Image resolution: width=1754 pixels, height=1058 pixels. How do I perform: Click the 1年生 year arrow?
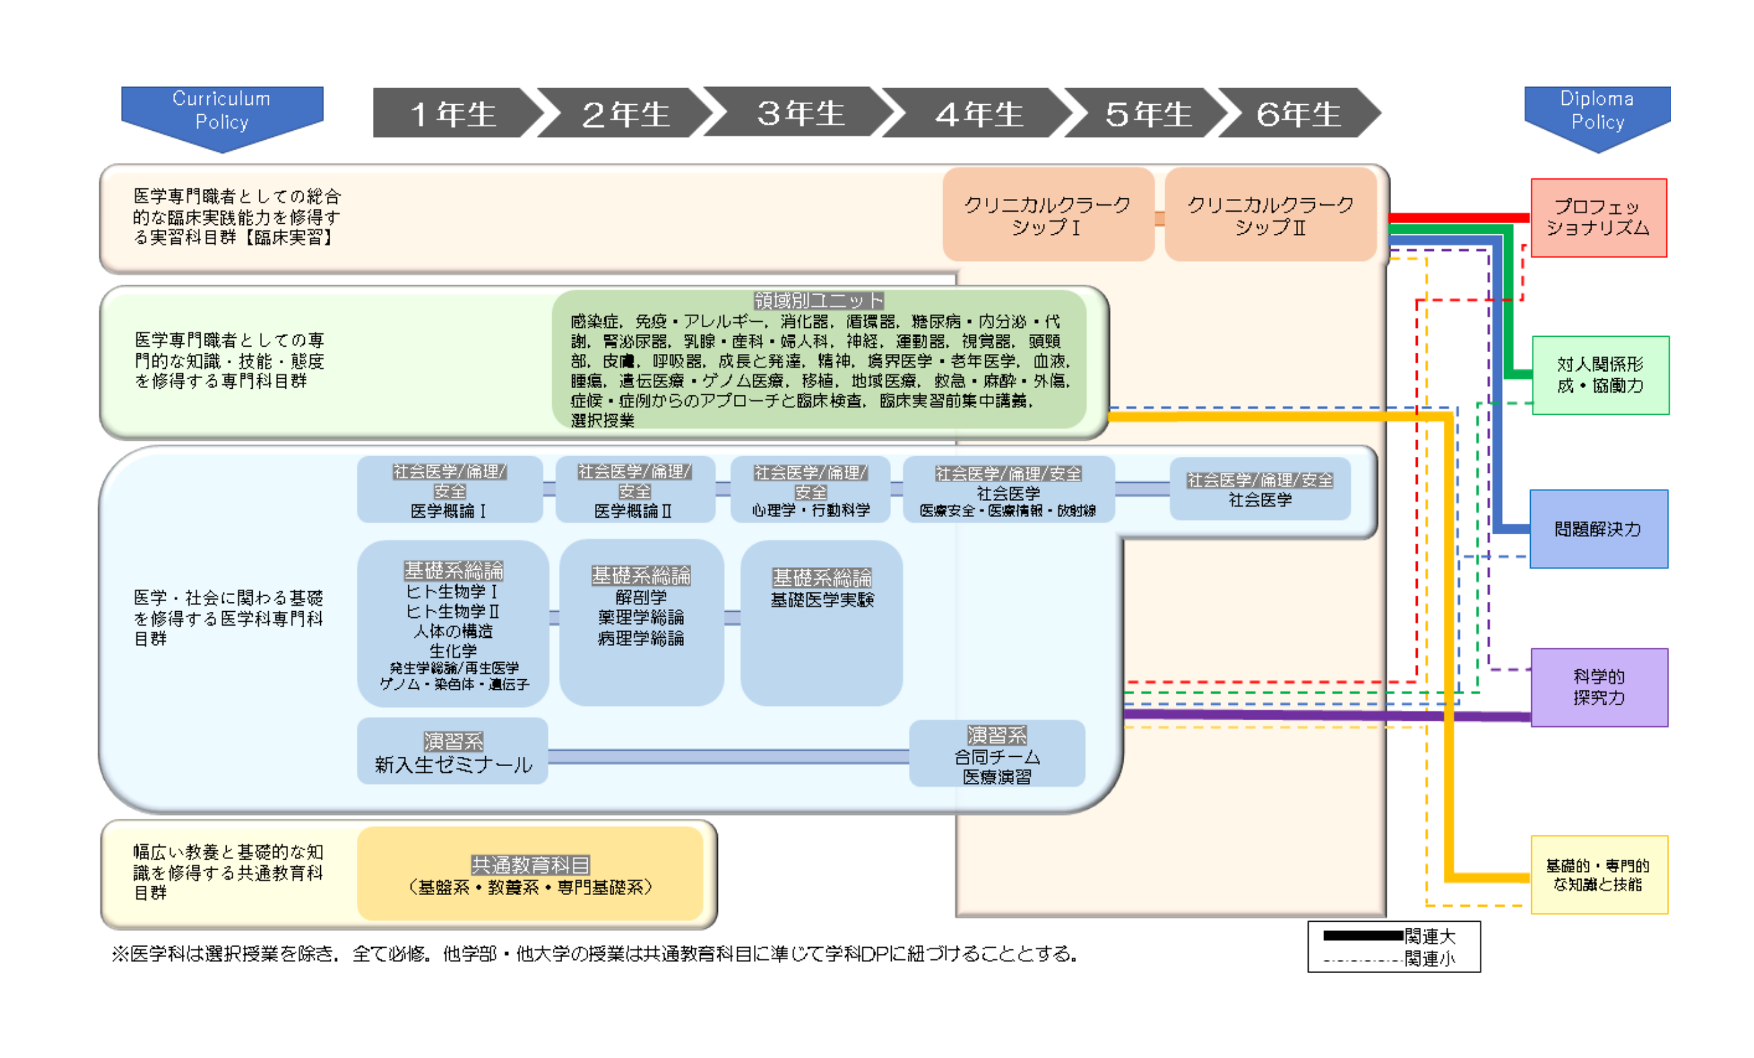point(453,114)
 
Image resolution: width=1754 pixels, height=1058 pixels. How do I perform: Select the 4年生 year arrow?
point(979,114)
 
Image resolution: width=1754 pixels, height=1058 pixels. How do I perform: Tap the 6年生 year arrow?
point(1298,114)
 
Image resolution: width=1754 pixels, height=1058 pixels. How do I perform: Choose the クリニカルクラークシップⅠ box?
point(1047,215)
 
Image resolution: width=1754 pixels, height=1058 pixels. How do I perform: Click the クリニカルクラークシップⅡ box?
point(1270,215)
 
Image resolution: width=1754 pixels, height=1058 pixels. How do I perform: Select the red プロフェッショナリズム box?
point(1598,218)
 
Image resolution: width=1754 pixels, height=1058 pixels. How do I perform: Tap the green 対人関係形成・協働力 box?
point(1600,375)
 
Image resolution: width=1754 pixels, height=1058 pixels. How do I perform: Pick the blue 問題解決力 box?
point(1598,528)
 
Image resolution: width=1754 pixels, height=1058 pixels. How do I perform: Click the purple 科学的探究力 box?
point(1599,687)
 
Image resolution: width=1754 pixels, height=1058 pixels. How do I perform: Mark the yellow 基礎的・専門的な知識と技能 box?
point(1599,874)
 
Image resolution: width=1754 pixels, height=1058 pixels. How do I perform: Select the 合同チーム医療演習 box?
point(997,754)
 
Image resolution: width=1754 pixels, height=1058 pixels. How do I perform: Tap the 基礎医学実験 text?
point(822,600)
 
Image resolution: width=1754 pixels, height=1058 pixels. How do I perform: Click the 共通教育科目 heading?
point(530,865)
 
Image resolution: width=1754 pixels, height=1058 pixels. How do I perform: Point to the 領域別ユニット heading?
point(819,301)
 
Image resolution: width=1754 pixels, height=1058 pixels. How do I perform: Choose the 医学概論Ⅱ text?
point(633,511)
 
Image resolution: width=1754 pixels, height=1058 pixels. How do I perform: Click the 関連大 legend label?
point(1429,936)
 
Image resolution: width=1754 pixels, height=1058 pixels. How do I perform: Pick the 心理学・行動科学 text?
point(811,510)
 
